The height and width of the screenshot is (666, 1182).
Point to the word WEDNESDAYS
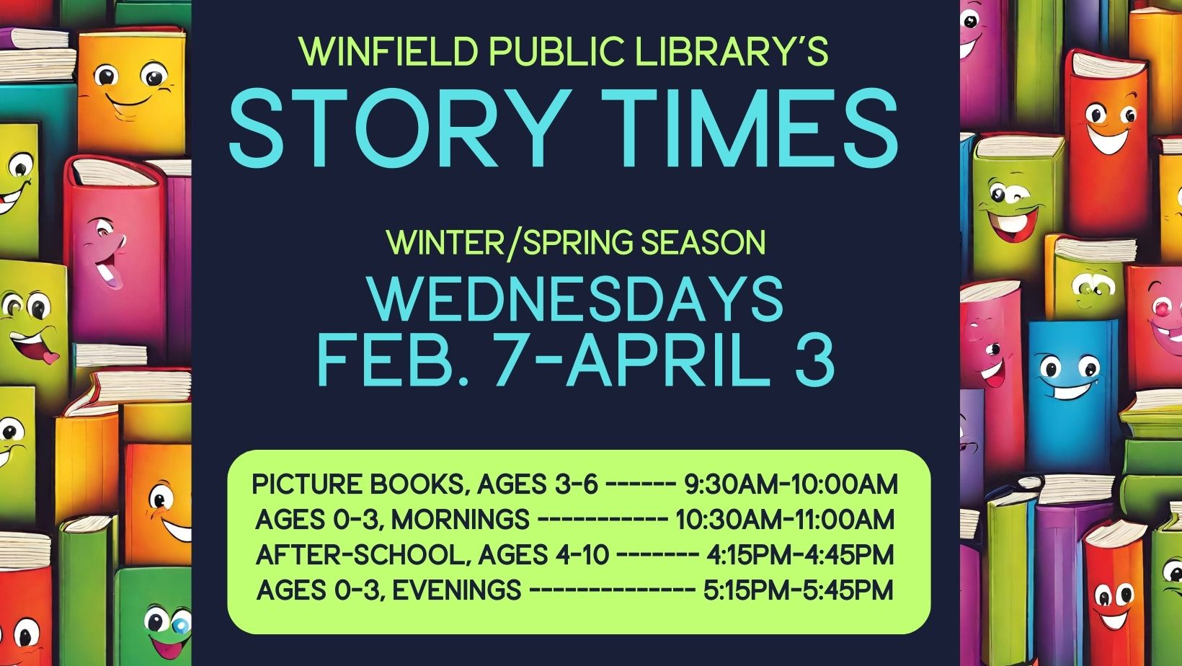pos(575,298)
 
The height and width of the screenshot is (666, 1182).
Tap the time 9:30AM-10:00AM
pos(791,484)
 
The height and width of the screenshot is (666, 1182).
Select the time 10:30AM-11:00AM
pos(785,520)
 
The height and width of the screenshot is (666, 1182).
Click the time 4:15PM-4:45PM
pos(800,555)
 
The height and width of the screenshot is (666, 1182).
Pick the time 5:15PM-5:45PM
pos(798,590)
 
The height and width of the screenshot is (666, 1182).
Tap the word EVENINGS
pos(457,590)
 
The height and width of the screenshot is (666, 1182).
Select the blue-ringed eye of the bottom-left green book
pos(180,624)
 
